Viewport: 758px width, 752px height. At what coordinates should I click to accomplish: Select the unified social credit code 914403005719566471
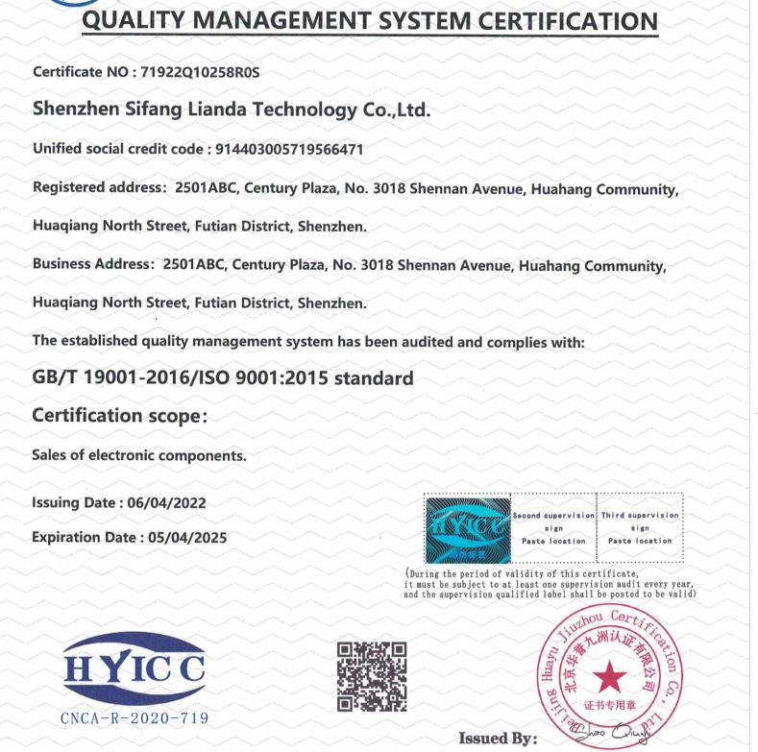point(285,149)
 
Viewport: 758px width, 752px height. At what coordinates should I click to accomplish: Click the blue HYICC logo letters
point(134,667)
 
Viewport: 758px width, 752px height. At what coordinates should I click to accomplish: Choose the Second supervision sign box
point(553,528)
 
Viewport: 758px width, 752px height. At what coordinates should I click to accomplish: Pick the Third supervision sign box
point(640,528)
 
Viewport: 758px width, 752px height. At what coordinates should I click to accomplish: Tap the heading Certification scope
point(120,416)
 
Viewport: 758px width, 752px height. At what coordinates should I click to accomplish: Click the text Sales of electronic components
point(139,456)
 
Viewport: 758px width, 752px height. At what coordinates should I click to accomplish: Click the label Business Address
point(92,264)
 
